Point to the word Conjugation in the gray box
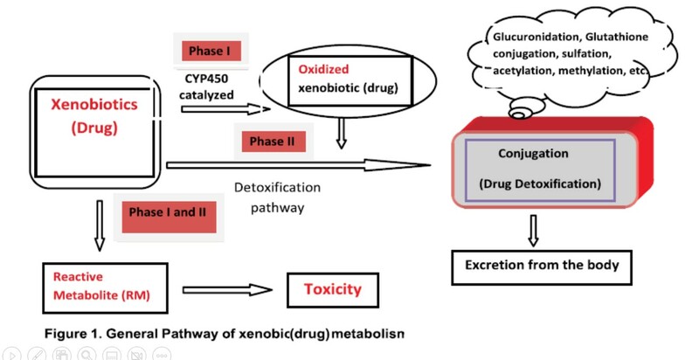click(x=534, y=154)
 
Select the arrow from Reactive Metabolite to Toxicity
click(x=228, y=288)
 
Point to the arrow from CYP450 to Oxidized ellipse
click(x=222, y=109)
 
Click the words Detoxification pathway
click(x=278, y=197)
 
